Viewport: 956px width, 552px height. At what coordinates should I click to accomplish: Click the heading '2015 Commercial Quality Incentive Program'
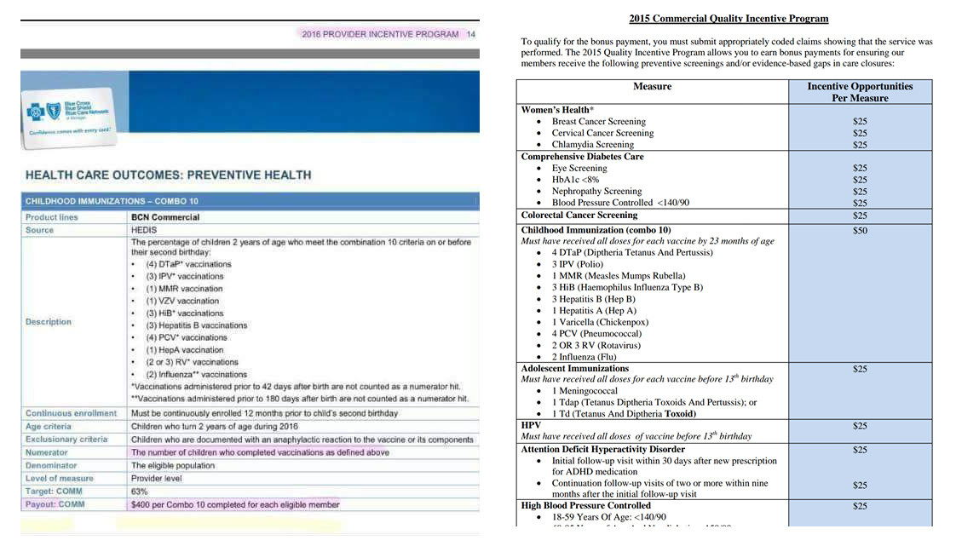(x=729, y=19)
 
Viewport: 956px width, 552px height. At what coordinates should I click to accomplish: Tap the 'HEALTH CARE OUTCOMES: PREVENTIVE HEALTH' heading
(x=169, y=175)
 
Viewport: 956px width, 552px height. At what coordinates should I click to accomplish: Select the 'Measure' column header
(x=652, y=86)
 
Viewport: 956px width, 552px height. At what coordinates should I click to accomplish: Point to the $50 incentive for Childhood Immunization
(x=860, y=230)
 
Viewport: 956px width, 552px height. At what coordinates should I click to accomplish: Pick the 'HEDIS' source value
(x=144, y=230)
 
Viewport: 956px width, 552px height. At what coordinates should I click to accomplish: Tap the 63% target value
(x=140, y=492)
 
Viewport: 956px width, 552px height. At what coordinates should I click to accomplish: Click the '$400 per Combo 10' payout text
(x=235, y=504)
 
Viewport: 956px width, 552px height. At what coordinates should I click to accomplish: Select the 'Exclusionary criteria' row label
(x=66, y=440)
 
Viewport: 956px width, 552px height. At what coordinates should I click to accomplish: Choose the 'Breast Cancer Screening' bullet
(x=598, y=122)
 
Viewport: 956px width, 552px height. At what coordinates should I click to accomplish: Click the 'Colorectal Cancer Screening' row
(x=579, y=216)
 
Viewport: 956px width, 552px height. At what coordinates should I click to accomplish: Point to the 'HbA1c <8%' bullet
(x=575, y=180)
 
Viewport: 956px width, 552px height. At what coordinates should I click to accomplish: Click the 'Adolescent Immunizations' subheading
(x=574, y=369)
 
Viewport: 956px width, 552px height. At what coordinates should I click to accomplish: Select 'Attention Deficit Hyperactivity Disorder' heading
(x=602, y=449)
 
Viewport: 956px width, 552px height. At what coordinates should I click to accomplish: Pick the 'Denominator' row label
(x=51, y=466)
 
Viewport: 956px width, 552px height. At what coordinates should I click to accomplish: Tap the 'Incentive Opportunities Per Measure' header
(x=860, y=92)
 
